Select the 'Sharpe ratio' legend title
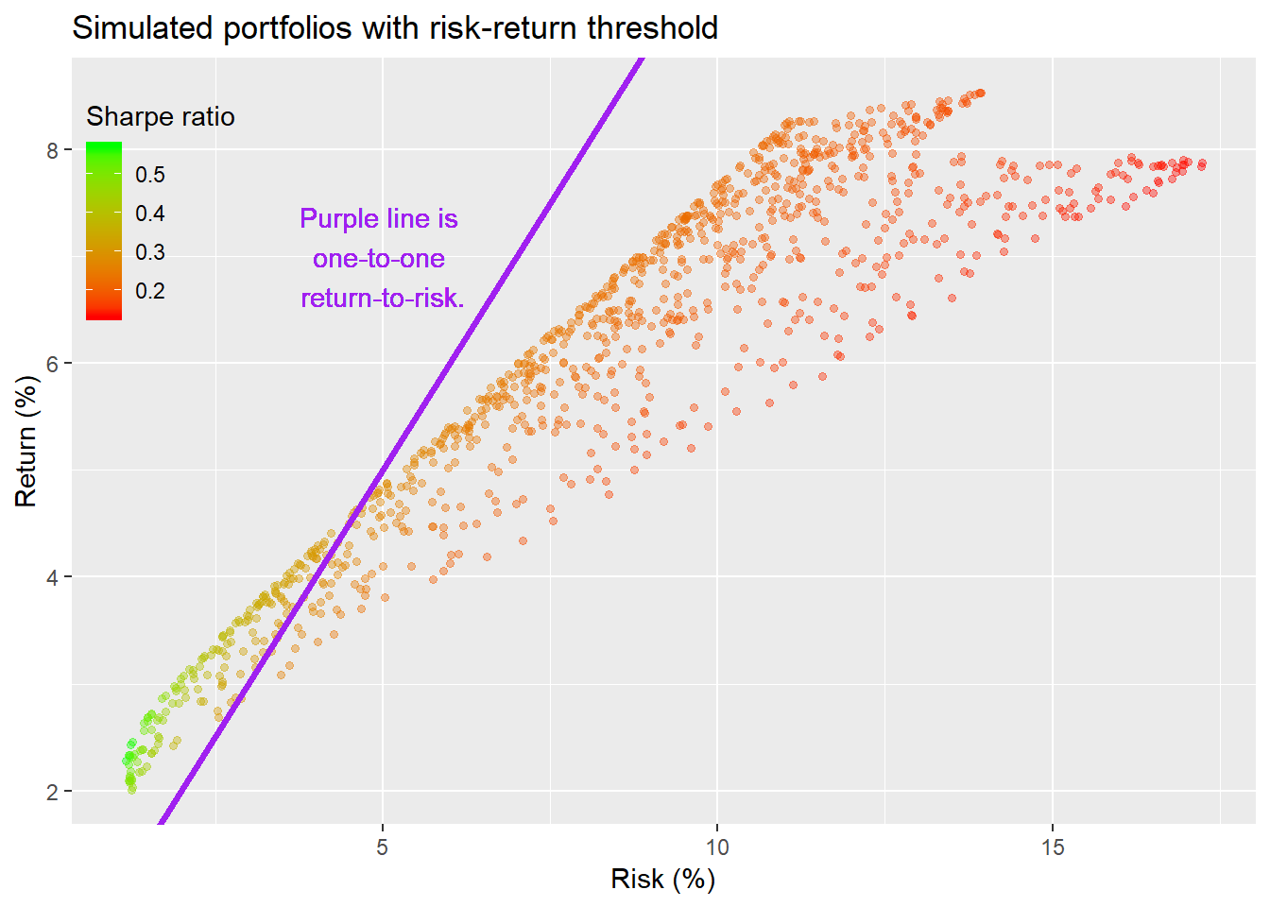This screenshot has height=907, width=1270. [x=161, y=116]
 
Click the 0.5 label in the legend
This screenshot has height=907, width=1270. [x=149, y=175]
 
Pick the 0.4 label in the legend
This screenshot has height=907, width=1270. [x=149, y=214]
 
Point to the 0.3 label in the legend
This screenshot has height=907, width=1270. [x=149, y=252]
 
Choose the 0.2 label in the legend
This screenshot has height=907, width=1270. [x=149, y=291]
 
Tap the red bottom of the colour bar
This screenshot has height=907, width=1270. [x=104, y=314]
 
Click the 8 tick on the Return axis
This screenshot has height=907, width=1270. [x=53, y=150]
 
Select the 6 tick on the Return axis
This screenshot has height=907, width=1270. [x=53, y=364]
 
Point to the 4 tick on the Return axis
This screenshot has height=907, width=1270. [x=53, y=577]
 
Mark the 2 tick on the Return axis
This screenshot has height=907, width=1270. [x=53, y=792]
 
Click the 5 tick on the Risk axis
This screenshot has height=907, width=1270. [x=382, y=847]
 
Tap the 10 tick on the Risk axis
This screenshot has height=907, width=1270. [x=717, y=847]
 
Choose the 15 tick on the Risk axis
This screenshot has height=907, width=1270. [x=1053, y=847]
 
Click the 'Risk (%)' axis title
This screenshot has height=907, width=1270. [x=662, y=879]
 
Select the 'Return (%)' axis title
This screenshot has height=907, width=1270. [x=26, y=441]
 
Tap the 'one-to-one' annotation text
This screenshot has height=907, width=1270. [x=379, y=259]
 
